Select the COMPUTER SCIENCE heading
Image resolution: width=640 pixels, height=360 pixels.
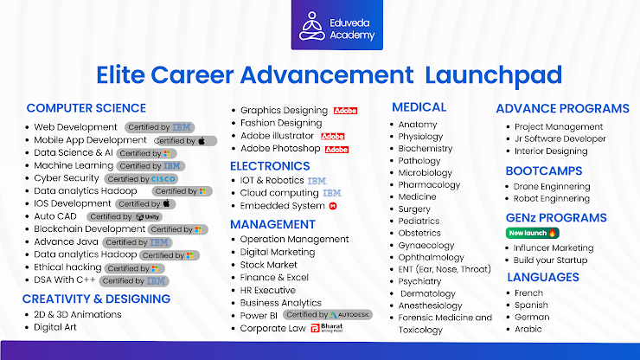[x=86, y=108]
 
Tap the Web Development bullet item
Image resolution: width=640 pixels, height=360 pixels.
[x=75, y=127]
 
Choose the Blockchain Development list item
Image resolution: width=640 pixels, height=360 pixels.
[x=89, y=229]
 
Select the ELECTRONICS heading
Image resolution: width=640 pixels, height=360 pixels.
[x=270, y=165]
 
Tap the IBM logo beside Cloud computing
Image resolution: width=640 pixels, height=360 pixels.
[x=332, y=193]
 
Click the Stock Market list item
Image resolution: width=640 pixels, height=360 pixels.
[x=269, y=265]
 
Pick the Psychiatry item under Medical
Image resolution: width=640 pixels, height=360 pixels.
[x=419, y=281]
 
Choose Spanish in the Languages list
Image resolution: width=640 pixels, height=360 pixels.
[x=533, y=305]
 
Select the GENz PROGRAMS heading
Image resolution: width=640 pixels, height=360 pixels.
[x=556, y=217]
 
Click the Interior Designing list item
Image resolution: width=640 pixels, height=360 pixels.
[x=550, y=151]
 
